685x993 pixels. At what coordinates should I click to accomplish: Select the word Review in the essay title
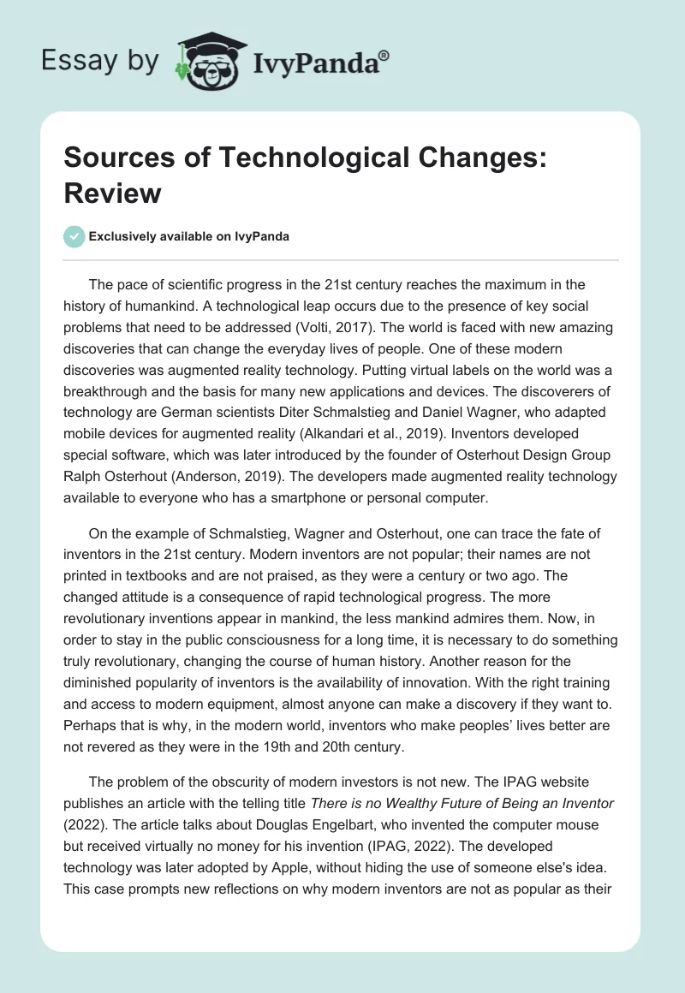pos(113,193)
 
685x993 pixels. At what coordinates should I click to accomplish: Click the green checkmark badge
pos(74,236)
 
